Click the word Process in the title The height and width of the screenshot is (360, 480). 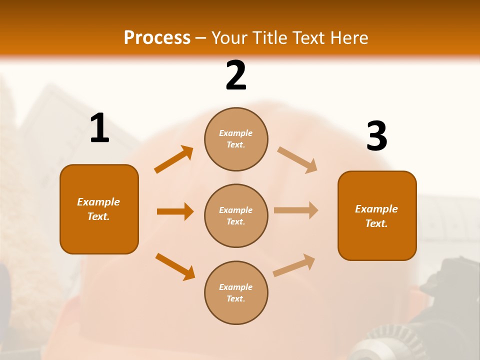157,38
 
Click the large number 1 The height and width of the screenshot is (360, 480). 99,128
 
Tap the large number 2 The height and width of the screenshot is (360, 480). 236,75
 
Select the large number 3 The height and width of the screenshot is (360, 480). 376,136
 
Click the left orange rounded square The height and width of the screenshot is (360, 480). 99,209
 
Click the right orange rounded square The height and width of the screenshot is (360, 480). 377,215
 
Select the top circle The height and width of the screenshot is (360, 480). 236,139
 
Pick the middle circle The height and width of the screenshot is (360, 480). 236,215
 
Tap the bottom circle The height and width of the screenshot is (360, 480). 236,292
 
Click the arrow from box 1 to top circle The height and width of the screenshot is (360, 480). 174,159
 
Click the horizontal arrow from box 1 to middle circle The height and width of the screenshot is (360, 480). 175,211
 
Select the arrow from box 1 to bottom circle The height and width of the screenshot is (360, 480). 175,266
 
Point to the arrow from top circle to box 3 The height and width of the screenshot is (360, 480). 297,160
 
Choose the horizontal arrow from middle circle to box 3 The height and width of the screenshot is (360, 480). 296,210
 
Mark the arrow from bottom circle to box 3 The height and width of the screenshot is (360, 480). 294,265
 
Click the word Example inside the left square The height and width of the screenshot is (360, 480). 98,202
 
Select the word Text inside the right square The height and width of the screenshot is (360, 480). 376,223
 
